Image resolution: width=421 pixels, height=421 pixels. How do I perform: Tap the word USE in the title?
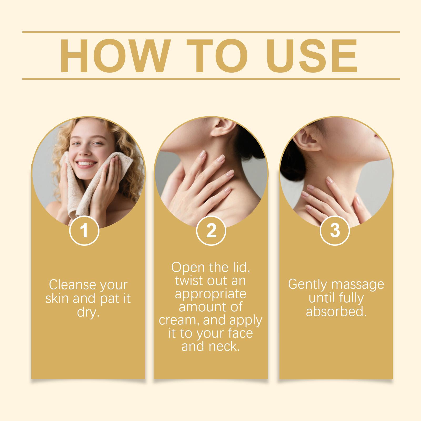312,56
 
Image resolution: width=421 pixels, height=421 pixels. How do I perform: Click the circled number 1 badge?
84,230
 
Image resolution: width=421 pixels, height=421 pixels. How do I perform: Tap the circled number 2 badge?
211,230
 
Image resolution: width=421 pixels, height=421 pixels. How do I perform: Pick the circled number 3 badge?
335,230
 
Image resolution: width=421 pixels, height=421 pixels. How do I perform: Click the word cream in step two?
179,320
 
